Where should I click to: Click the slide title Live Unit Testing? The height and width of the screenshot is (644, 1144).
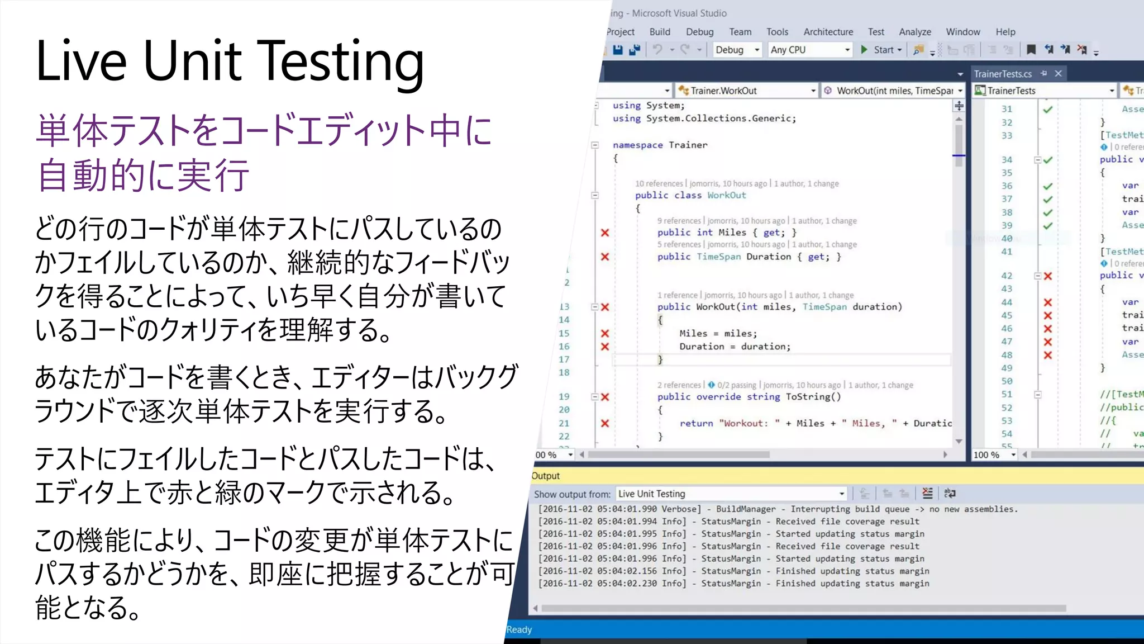pyautogui.click(x=230, y=61)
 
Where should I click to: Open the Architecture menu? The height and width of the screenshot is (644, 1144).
pyautogui.click(x=828, y=32)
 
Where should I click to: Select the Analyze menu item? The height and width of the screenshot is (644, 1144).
pyautogui.click(x=914, y=32)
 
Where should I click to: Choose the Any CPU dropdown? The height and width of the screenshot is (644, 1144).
pyautogui.click(x=809, y=50)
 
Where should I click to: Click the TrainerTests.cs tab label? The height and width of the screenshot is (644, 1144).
pyautogui.click(x=1003, y=74)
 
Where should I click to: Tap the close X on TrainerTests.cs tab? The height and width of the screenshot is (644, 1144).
pyautogui.click(x=1058, y=73)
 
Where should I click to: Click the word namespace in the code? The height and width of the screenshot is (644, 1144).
pyautogui.click(x=637, y=145)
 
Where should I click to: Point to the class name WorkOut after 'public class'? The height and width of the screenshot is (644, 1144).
pyautogui.click(x=726, y=195)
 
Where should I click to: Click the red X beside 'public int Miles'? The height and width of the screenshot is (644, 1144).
pyautogui.click(x=604, y=233)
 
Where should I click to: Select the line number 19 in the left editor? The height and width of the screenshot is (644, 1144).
pyautogui.click(x=564, y=396)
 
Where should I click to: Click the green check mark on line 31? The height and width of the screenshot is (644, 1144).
pyautogui.click(x=1048, y=110)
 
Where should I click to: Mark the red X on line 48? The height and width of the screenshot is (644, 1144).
pyautogui.click(x=1048, y=355)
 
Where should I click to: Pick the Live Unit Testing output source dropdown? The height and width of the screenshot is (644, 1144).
pyautogui.click(x=731, y=494)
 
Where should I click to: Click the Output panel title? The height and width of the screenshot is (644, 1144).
pyautogui.click(x=545, y=476)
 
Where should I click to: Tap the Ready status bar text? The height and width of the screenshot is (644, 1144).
pyautogui.click(x=519, y=629)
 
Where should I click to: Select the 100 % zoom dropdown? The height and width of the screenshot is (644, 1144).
pyautogui.click(x=994, y=455)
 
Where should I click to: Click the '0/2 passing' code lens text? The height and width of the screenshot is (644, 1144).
pyautogui.click(x=736, y=385)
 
